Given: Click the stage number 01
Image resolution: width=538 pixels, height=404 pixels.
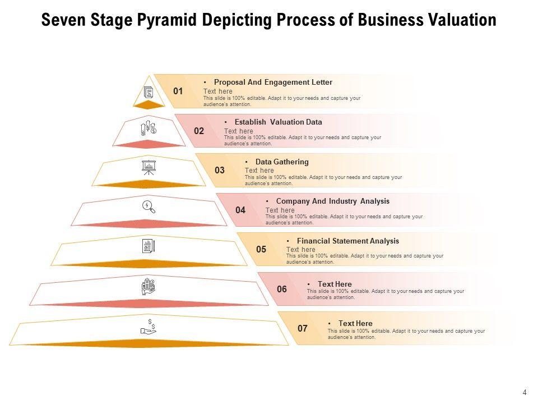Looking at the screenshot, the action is point(178,91).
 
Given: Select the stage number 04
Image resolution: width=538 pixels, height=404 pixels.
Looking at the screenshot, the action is point(240,210).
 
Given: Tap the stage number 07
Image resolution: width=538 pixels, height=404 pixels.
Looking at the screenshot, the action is point(303,329).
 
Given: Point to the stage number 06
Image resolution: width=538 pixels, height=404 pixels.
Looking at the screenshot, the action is point(282,290).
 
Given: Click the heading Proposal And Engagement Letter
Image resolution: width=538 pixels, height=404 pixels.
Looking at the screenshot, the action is point(273,82).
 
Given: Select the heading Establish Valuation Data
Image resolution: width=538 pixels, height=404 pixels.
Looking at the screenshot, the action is point(278,122).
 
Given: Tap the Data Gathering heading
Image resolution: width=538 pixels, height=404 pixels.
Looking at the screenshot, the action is point(282,162).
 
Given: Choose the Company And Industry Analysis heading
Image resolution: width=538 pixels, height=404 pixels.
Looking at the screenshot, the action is point(332,201).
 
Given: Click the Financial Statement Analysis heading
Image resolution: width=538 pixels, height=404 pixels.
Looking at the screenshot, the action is point(347,241).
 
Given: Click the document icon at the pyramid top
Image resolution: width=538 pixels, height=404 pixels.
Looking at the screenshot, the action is point(149,92).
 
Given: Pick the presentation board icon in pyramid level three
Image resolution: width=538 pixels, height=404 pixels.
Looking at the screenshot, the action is point(149,167).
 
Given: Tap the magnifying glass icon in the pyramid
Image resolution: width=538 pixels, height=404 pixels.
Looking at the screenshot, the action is point(149,206).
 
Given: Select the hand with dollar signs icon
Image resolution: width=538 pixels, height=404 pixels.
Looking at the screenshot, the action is point(149,327).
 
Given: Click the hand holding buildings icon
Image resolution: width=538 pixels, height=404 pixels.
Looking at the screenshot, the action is point(149,286).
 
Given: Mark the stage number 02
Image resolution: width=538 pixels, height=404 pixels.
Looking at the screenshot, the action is point(199,131).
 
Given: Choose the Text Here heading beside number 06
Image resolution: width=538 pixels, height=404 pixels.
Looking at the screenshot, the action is point(335,284).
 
